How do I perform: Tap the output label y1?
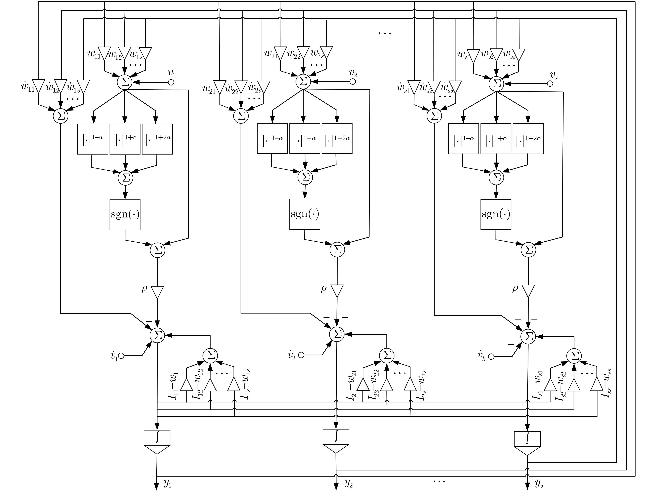[168, 484]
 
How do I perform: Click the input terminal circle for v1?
[171, 82]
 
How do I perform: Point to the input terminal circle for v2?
[353, 82]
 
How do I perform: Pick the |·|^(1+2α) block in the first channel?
[157, 139]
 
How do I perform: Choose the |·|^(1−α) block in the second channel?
[272, 138]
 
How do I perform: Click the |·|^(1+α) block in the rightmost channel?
[496, 138]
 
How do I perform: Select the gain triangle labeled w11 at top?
[104, 53]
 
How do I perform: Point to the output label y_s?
[539, 484]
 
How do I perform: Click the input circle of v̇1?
[121, 356]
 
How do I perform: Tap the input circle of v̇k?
[491, 356]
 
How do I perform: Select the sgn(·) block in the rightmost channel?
[496, 214]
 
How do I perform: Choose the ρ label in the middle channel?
[323, 289]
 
